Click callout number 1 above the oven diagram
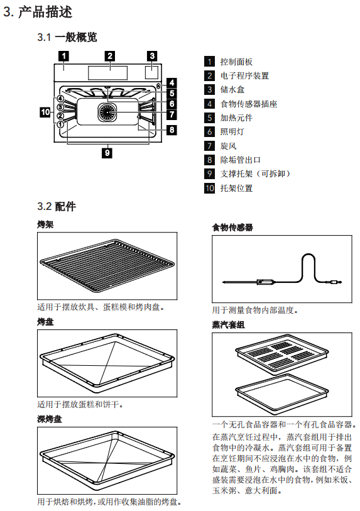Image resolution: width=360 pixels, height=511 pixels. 64,56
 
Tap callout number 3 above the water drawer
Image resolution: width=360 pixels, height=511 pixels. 152,56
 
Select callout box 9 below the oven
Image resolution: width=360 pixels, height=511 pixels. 107,153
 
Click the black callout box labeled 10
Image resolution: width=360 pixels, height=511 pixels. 45,112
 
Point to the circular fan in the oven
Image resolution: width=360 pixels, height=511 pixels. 107,113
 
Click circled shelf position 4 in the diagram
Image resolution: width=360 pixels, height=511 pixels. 60,99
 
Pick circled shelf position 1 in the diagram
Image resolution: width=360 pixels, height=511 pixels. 60,124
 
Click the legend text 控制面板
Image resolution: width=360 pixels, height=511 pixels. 236,62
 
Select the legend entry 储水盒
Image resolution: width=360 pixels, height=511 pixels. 232,90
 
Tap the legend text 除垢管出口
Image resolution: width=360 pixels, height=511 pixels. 241,160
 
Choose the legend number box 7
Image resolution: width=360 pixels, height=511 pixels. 209,146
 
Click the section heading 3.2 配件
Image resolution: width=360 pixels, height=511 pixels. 57,206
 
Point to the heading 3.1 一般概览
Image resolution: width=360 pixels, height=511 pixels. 67,37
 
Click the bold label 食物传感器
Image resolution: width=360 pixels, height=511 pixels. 232,227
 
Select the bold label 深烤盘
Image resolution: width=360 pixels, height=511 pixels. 49,419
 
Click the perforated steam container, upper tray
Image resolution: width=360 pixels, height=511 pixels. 282,354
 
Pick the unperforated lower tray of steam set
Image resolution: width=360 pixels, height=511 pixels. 282,393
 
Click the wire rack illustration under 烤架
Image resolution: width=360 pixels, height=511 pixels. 107,266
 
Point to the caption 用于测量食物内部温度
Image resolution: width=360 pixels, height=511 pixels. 255,310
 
